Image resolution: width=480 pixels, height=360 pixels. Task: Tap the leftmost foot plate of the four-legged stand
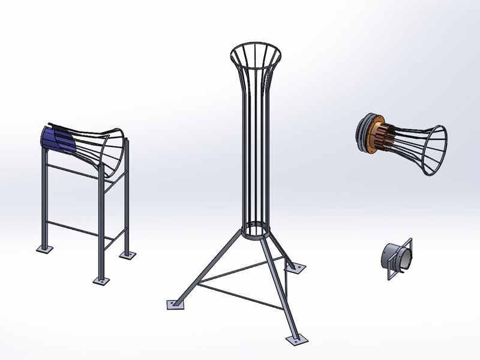click(44, 248)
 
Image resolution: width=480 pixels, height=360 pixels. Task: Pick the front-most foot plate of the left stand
click(101, 280)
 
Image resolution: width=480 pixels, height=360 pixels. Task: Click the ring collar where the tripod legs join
click(257, 230)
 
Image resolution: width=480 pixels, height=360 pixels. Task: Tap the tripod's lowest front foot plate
click(296, 340)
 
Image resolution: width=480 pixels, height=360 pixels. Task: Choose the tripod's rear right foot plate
click(296, 267)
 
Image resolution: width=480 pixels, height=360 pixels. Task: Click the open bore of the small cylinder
click(405, 258)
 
